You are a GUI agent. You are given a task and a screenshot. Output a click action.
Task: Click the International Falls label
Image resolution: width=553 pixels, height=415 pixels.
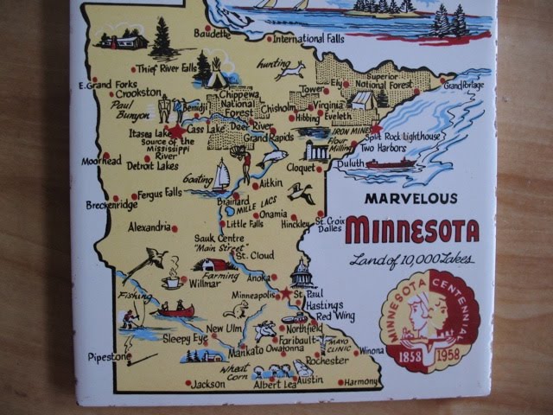point(310,39)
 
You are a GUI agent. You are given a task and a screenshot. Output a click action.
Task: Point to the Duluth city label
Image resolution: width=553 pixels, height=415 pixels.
point(350,163)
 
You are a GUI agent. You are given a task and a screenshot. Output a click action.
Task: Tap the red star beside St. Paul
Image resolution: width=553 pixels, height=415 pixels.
point(286,293)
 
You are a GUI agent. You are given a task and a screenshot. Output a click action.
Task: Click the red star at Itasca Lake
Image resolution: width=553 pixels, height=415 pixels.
point(178,131)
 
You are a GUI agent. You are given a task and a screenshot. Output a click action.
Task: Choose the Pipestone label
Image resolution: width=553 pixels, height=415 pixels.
point(109,356)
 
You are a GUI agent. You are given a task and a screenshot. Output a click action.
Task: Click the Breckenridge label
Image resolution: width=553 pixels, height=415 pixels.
point(111,206)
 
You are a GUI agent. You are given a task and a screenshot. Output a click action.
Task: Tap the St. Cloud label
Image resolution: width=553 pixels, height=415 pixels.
point(255,256)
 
